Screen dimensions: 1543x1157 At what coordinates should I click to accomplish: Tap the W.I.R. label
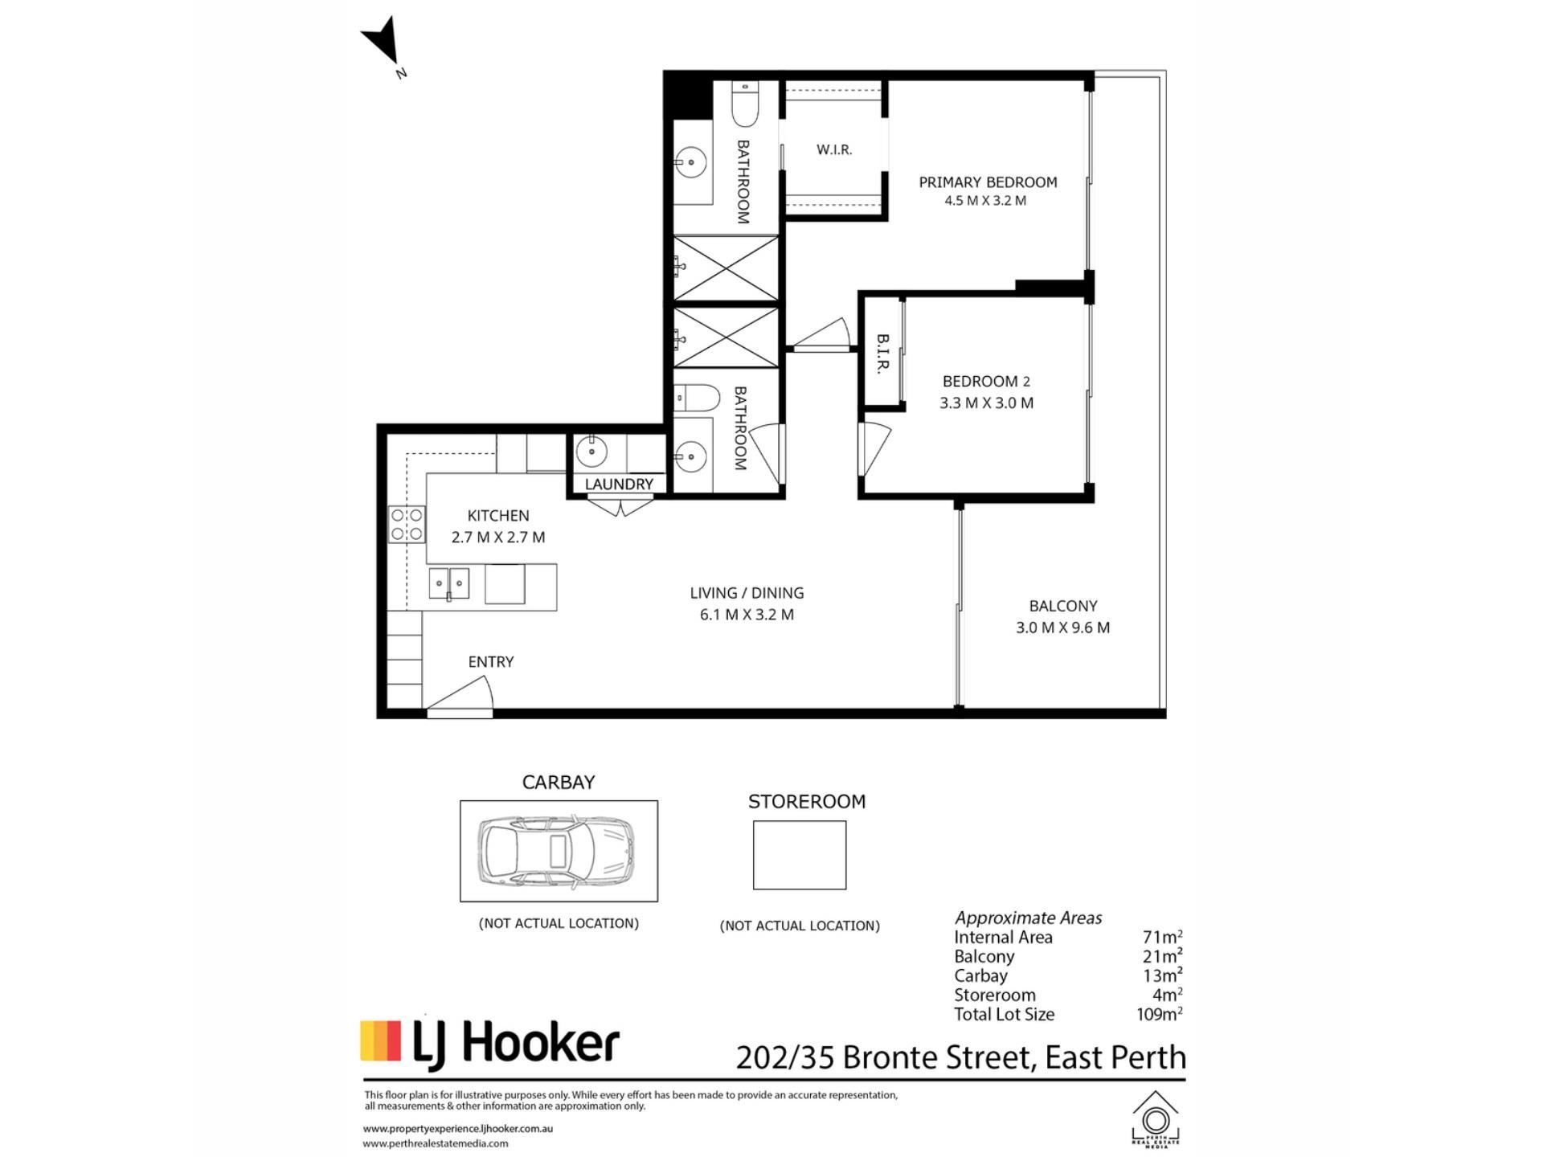834,149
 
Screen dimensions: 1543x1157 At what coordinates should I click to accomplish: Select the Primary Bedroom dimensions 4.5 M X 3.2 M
985,201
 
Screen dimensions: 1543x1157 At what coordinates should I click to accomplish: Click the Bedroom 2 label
986,382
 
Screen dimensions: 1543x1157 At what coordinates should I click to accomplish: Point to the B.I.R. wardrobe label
882,354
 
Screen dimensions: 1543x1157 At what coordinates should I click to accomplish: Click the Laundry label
619,484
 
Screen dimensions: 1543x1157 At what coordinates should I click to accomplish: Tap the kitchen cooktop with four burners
407,524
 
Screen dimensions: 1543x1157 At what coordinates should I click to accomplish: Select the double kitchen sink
448,583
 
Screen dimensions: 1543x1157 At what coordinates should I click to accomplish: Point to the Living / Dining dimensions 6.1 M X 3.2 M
747,615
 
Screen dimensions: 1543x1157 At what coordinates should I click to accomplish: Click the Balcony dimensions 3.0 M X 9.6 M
1062,628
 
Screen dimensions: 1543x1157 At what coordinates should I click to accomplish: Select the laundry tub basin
591,451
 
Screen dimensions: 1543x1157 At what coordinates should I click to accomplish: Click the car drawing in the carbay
556,851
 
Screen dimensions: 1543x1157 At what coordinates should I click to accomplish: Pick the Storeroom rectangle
800,855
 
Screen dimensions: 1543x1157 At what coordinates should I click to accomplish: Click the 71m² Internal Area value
1162,937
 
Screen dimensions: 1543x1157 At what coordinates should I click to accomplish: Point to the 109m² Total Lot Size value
1159,1014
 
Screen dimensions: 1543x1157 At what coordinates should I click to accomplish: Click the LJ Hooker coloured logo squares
380,1041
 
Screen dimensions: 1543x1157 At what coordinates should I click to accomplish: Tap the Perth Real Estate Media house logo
1156,1118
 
